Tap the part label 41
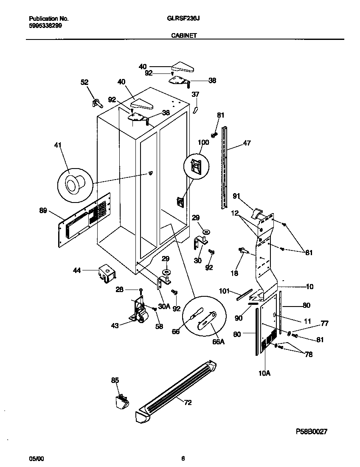coord(58,146)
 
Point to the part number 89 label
coord(43,211)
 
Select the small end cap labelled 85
coord(121,401)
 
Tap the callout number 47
coord(247,143)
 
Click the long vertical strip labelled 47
coord(224,170)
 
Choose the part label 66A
coord(217,341)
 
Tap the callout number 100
coord(203,143)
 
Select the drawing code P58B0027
coord(311,431)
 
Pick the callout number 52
coord(84,82)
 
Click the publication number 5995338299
coord(45,25)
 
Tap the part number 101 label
coord(224,291)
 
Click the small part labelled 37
coord(196,110)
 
